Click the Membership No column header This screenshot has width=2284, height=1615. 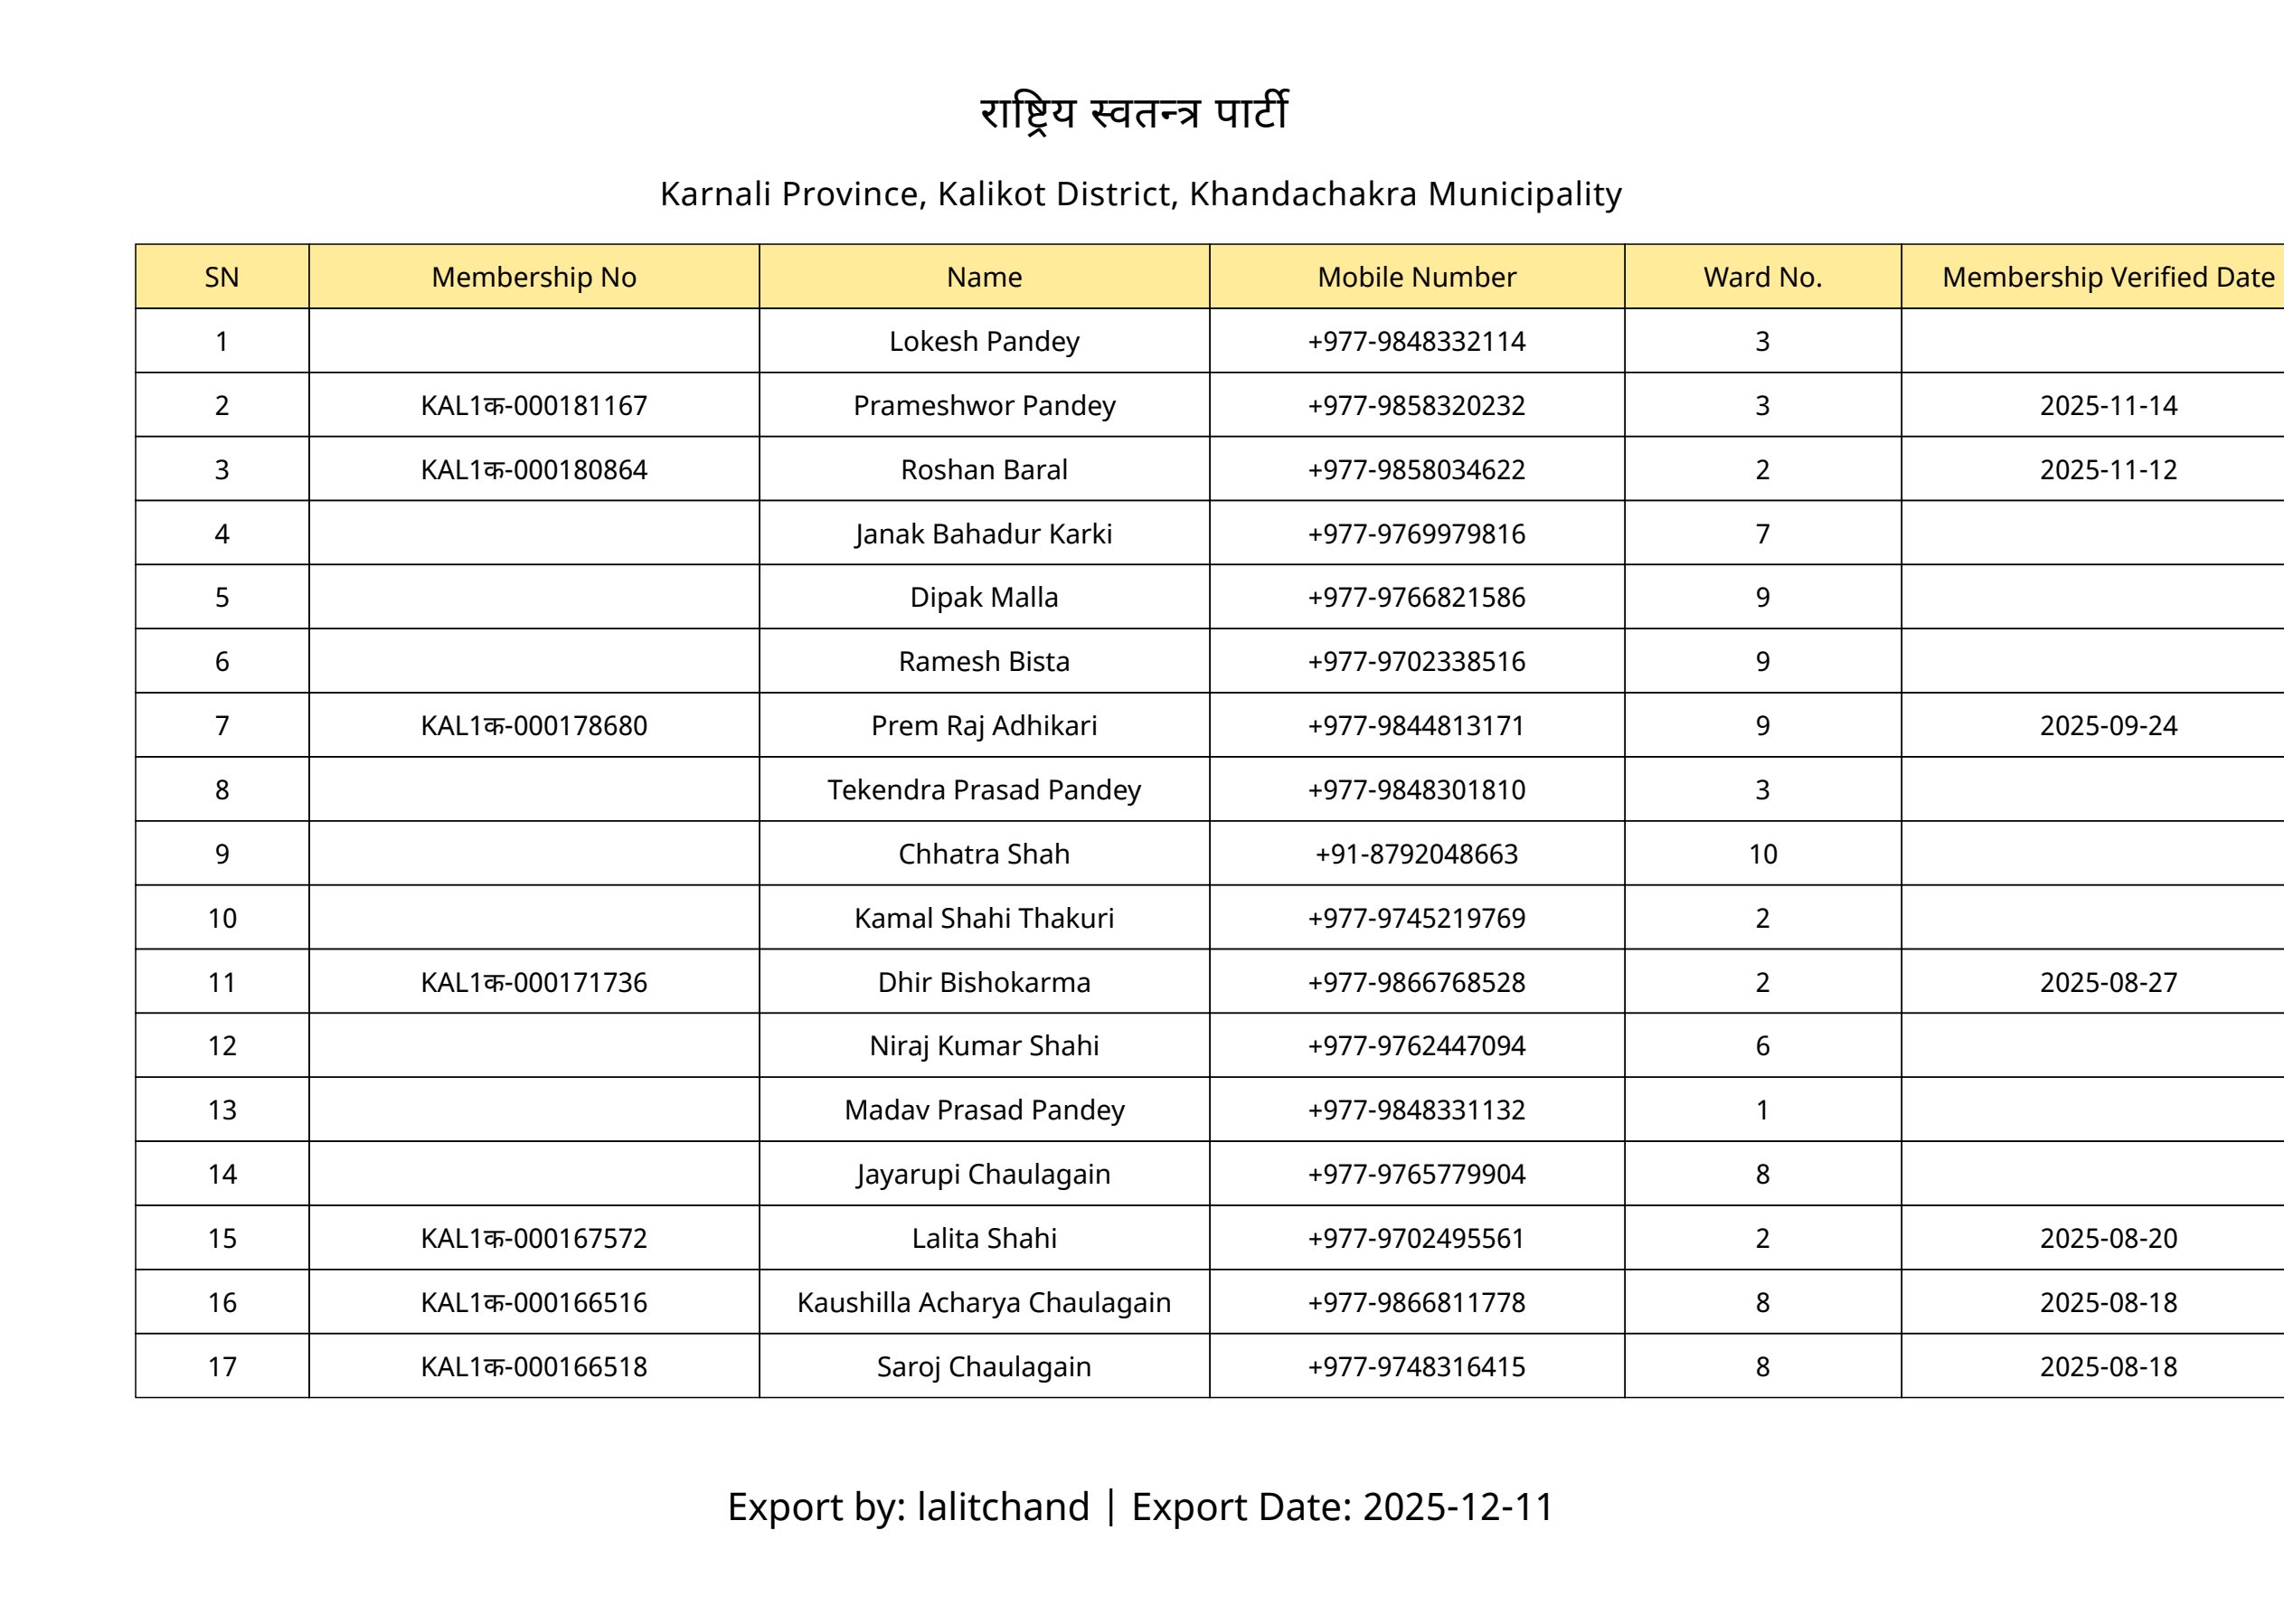point(533,277)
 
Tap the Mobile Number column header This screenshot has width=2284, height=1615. point(1416,277)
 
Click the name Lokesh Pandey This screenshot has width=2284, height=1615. point(984,341)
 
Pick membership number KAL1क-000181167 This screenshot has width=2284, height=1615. point(533,406)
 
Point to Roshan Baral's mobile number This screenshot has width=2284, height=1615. point(1416,469)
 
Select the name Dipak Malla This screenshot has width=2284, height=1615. point(984,597)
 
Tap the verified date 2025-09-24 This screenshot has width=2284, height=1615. point(2108,725)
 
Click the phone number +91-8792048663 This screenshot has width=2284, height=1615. point(1416,854)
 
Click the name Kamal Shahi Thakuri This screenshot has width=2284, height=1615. point(984,918)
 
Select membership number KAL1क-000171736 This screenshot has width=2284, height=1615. point(533,982)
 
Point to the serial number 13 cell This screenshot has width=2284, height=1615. point(222,1110)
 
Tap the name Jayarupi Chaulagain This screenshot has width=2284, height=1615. point(984,1175)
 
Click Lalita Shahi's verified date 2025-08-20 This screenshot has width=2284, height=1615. point(2108,1238)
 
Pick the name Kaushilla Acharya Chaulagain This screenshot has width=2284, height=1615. point(984,1302)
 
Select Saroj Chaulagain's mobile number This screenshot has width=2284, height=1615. point(1416,1366)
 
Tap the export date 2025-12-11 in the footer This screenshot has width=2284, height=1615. point(1458,1506)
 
